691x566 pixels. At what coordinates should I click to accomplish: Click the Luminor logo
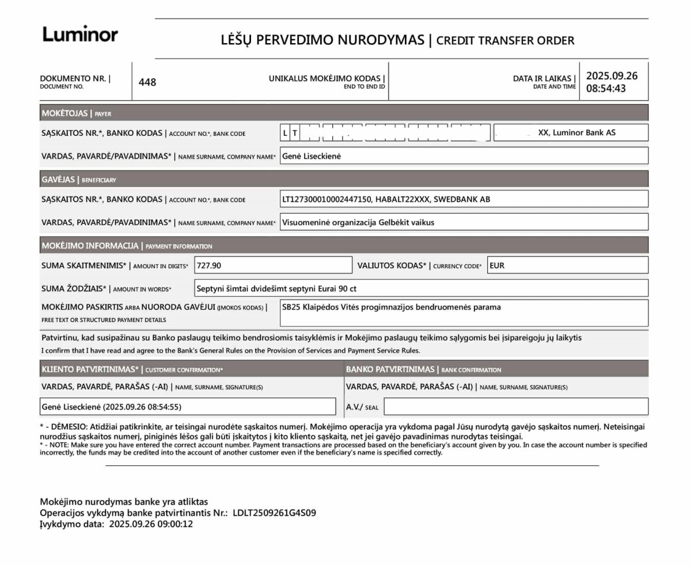tap(80, 35)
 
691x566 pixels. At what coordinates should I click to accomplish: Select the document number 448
tap(147, 82)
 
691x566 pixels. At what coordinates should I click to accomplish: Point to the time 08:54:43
tap(606, 89)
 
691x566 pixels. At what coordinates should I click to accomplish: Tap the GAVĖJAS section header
tap(58, 179)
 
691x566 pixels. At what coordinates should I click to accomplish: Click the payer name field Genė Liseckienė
tap(311, 156)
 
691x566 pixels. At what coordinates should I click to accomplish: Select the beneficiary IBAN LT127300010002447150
tap(326, 200)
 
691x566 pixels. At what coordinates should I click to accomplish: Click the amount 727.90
tap(209, 266)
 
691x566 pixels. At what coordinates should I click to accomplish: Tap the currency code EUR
tap(497, 266)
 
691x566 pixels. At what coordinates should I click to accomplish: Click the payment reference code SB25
tap(290, 308)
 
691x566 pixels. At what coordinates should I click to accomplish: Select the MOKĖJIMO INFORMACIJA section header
tap(90, 246)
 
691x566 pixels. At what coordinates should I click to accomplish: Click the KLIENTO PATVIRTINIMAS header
tap(90, 369)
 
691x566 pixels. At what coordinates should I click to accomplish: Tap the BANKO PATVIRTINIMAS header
tap(390, 369)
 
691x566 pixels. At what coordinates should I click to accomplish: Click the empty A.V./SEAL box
tap(515, 407)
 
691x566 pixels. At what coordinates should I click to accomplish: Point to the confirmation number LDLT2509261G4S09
tap(274, 513)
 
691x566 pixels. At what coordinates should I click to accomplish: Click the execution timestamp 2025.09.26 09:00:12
tap(151, 524)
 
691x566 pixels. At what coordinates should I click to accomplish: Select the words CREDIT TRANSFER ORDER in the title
tap(506, 41)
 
